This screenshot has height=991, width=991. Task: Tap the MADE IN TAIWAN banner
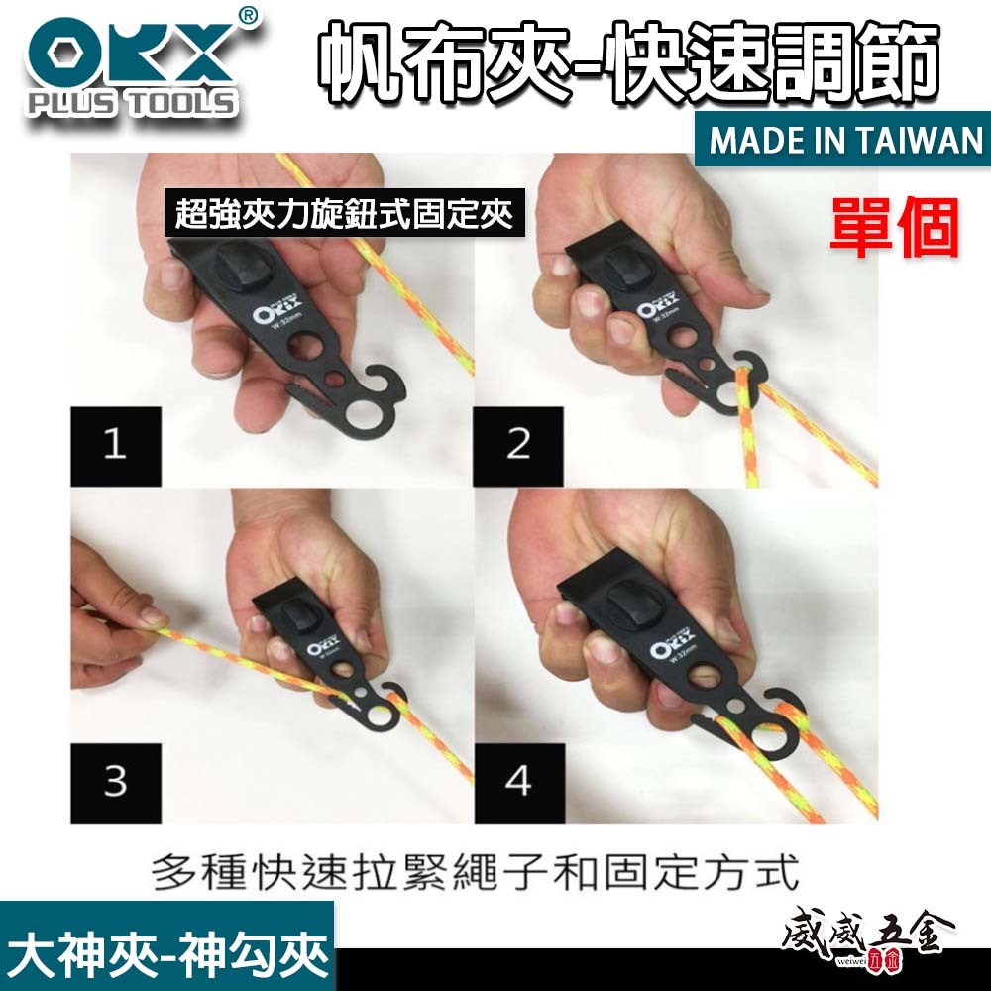pos(845,141)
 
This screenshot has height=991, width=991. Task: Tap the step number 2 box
pos(518,443)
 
